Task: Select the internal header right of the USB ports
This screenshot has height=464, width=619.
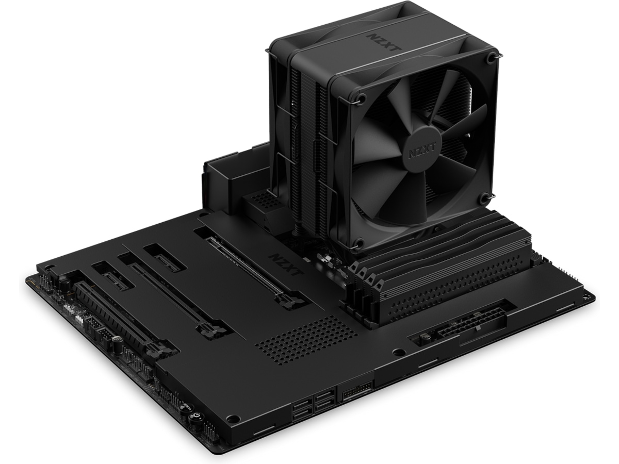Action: (356, 390)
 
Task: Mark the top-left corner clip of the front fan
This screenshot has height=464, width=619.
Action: (361, 97)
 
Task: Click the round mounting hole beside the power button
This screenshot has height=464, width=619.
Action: (233, 418)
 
